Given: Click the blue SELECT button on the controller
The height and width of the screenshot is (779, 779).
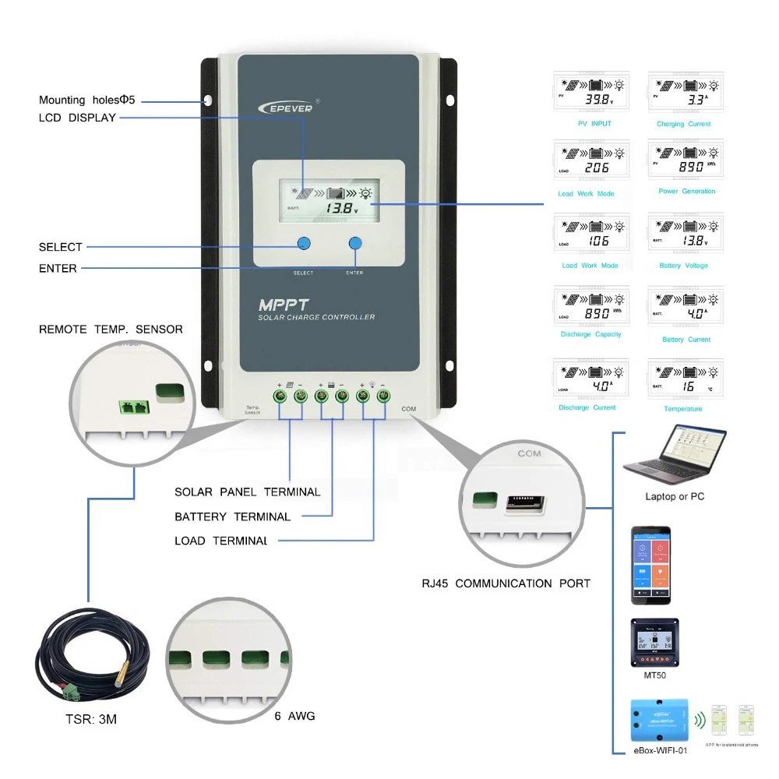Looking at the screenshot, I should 304,244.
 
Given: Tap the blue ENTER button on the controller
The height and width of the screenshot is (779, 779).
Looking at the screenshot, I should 355,244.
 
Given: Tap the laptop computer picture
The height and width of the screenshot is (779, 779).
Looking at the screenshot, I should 675,460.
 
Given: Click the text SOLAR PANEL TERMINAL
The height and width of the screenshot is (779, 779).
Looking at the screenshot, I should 247,492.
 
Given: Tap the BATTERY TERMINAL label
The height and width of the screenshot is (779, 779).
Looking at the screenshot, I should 232,516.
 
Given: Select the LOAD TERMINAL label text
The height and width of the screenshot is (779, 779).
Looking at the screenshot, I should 222,541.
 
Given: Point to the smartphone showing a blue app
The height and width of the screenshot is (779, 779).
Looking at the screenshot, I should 650,565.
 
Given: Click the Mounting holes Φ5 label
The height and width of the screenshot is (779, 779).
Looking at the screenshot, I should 89,100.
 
